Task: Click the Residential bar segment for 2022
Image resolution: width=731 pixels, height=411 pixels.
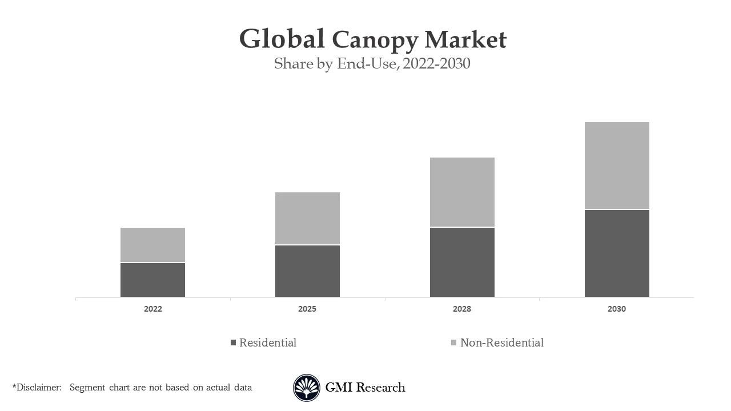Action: [152, 280]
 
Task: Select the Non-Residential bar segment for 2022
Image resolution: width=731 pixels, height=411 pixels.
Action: [152, 245]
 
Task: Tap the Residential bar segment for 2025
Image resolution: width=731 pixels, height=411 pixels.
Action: [307, 271]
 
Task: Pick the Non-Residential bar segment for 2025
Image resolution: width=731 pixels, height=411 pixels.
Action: [307, 218]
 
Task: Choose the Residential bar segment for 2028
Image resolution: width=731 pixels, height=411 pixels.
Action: [462, 262]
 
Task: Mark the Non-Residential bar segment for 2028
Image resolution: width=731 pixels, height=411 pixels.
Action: [462, 192]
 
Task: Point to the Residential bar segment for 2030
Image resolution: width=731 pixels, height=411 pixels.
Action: [617, 253]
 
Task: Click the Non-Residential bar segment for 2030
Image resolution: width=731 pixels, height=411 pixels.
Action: [617, 166]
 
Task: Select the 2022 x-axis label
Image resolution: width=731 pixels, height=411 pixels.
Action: [152, 309]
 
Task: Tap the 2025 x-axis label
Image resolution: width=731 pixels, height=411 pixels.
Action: [307, 309]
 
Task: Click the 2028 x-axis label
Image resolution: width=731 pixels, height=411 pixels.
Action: [462, 309]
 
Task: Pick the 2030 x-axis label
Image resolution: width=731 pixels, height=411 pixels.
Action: [617, 309]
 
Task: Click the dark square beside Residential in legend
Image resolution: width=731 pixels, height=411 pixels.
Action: [233, 342]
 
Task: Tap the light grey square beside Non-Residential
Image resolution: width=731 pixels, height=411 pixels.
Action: [453, 342]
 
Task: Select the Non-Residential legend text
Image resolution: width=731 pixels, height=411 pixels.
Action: [501, 342]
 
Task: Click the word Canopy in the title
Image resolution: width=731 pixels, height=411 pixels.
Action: [375, 40]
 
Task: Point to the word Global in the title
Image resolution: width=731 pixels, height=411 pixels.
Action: [282, 39]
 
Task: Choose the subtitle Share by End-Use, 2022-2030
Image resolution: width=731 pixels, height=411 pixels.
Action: [372, 63]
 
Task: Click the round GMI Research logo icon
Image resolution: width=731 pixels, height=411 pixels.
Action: [307, 388]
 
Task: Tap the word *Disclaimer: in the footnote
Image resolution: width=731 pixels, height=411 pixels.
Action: [37, 388]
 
